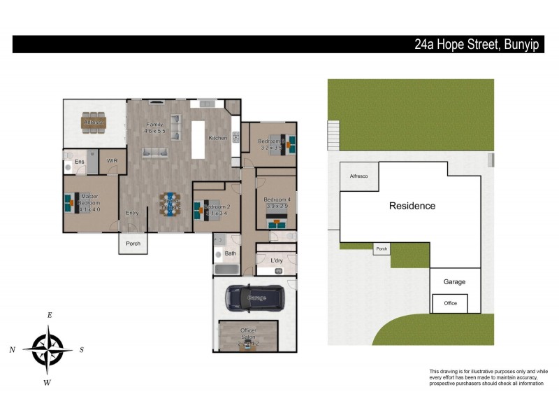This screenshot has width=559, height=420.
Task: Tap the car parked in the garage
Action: coord(255,298)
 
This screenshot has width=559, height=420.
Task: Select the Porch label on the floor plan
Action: coord(133,244)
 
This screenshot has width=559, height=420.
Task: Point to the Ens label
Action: coord(80,162)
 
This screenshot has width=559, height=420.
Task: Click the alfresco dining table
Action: coord(94,122)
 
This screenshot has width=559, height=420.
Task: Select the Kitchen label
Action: coord(218,138)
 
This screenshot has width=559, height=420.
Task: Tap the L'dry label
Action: coord(277,261)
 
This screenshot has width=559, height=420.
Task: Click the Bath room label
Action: coord(230,253)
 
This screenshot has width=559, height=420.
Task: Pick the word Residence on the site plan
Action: coord(412,206)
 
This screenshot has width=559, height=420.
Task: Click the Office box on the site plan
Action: coord(450,303)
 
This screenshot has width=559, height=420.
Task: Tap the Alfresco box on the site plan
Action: coord(358,176)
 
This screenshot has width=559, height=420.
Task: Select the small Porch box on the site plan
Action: coord(381,249)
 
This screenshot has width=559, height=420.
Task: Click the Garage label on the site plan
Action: coord(454,281)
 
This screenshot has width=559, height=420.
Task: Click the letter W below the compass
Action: coord(48,382)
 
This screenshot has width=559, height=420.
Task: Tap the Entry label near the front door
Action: coord(132,213)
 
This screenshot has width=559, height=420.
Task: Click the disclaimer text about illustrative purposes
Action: coord(488,377)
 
